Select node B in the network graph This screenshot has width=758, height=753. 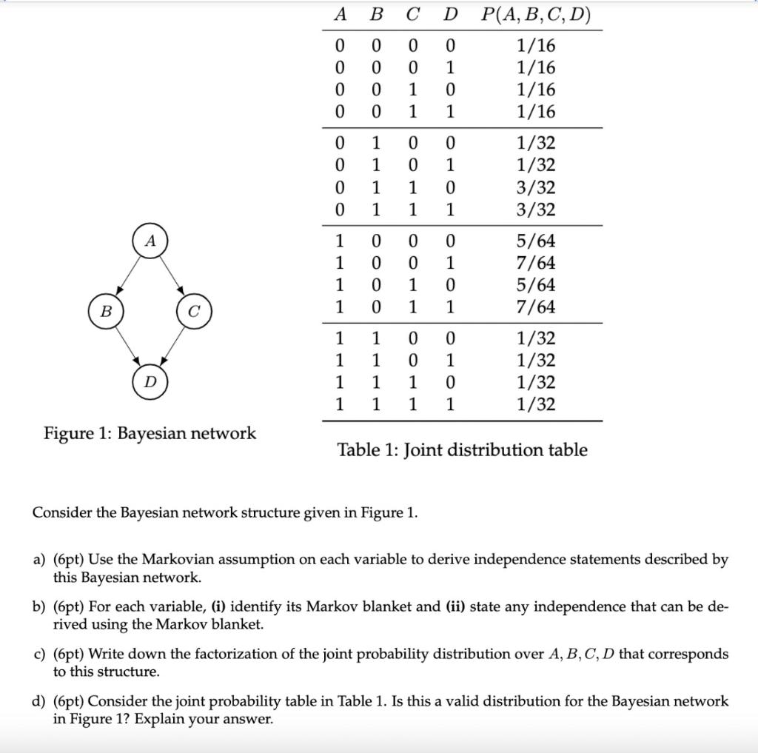[x=105, y=312]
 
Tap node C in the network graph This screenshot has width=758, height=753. [x=194, y=312]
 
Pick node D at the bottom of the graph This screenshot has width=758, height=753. [x=150, y=382]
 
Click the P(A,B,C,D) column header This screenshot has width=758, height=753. [x=536, y=15]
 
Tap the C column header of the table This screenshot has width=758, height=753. [x=413, y=15]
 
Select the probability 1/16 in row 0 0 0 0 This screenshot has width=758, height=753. [x=536, y=46]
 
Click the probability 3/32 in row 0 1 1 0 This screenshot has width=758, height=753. [x=536, y=188]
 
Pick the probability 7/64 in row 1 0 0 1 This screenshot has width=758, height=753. [x=536, y=263]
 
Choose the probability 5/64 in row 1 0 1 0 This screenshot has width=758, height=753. [x=536, y=285]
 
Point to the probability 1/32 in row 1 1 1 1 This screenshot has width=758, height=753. [x=536, y=404]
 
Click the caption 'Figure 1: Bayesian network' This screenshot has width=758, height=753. [x=150, y=433]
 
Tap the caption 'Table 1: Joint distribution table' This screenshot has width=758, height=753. [x=462, y=450]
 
